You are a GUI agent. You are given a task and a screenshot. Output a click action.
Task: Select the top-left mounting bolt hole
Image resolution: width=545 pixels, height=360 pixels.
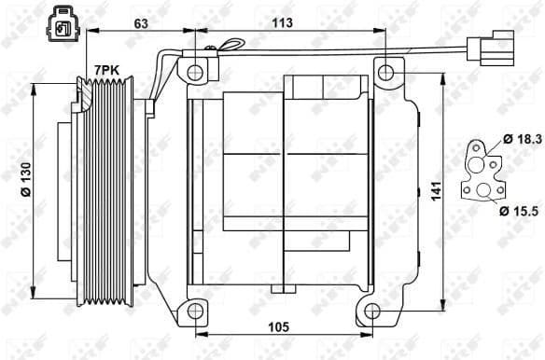(x=195, y=72)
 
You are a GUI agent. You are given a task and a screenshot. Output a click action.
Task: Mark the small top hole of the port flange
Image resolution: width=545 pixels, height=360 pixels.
(x=477, y=147)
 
